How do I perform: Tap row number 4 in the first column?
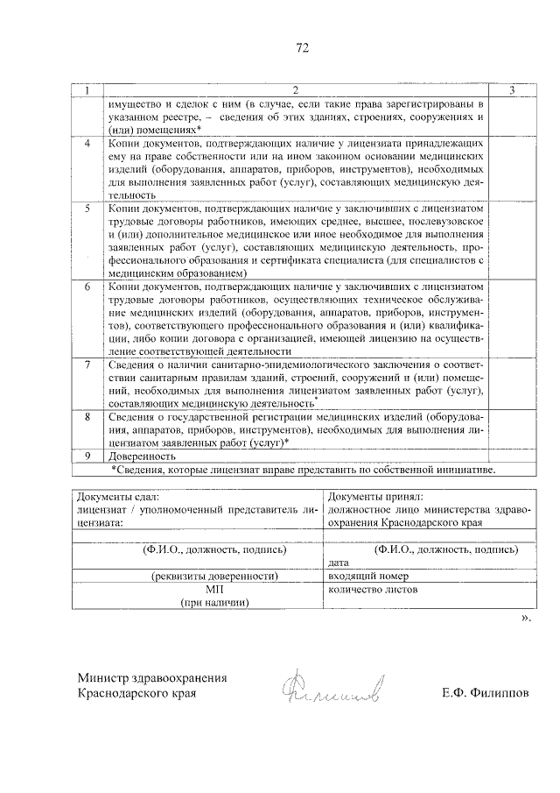pos(87,142)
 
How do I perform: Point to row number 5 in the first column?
pos(87,210)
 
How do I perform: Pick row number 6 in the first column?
pos(87,287)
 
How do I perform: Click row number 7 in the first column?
pos(87,364)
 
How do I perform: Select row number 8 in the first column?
pos(87,416)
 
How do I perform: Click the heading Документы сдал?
pos(117,496)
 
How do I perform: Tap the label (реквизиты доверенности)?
pos(214,577)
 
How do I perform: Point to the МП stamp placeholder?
pos(214,590)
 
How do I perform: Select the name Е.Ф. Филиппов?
pos(486,693)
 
